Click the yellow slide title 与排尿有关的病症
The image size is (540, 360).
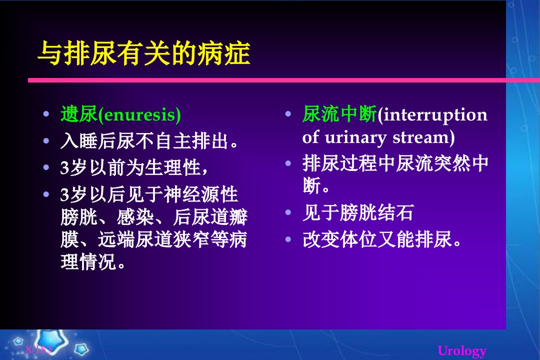[144, 53]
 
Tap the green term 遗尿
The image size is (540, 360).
[79, 114]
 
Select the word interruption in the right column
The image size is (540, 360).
[435, 114]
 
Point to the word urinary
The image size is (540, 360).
[355, 138]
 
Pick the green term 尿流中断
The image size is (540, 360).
[339, 114]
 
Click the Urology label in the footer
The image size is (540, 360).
[462, 351]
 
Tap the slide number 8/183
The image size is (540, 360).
[38, 349]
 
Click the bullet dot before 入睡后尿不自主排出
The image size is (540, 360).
[46, 140]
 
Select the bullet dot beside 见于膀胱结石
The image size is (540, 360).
[288, 212]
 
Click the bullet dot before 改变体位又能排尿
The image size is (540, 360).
[288, 238]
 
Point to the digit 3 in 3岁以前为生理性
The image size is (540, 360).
[64, 168]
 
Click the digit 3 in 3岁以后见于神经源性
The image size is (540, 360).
[64, 195]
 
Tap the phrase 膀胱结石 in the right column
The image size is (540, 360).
[377, 212]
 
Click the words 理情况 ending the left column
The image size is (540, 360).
[88, 262]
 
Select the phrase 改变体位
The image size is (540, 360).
[340, 239]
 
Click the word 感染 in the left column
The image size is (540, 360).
[135, 217]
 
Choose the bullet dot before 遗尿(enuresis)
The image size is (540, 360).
[46, 113]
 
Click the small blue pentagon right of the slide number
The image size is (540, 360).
[81, 349]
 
